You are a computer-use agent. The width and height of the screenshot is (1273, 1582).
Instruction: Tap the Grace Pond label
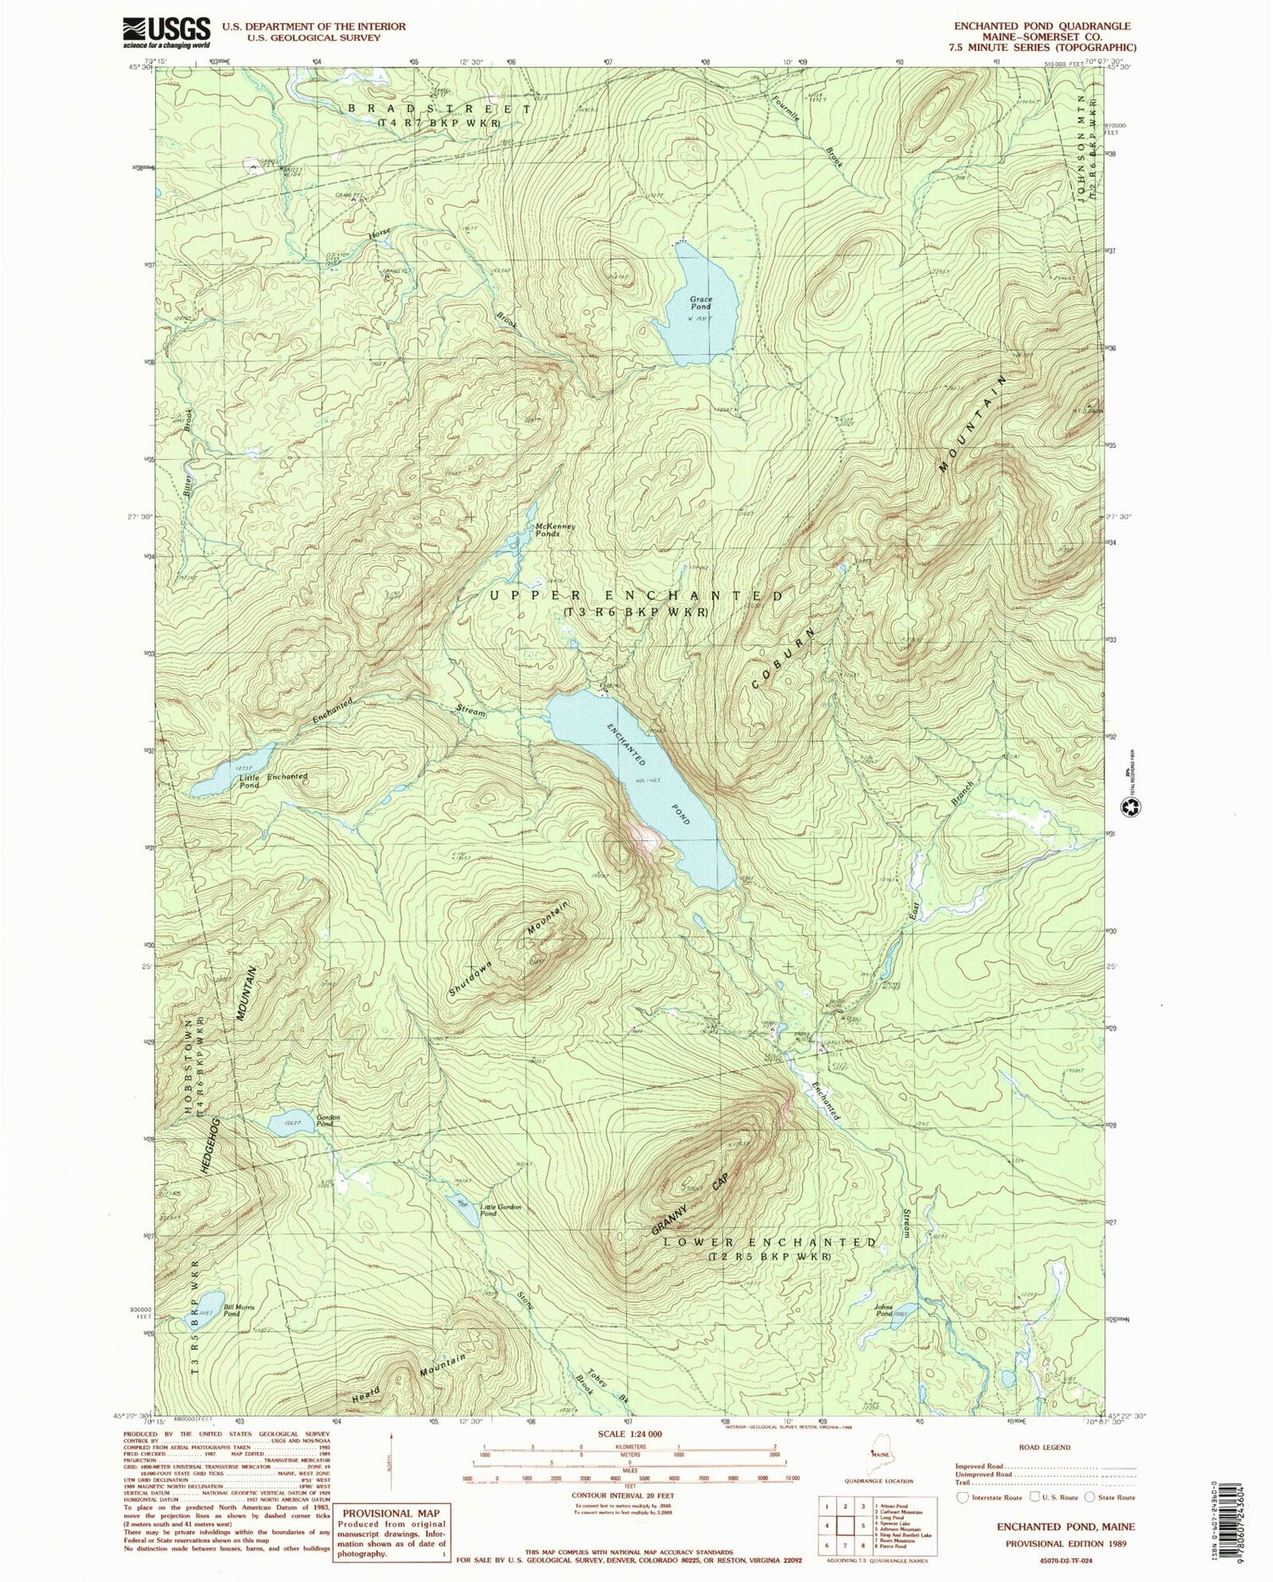701,304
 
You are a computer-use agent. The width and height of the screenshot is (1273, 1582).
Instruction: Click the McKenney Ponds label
556,530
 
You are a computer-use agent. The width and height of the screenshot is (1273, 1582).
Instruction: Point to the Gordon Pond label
328,1120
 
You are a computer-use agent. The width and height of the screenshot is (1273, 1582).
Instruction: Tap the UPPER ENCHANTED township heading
636,597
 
